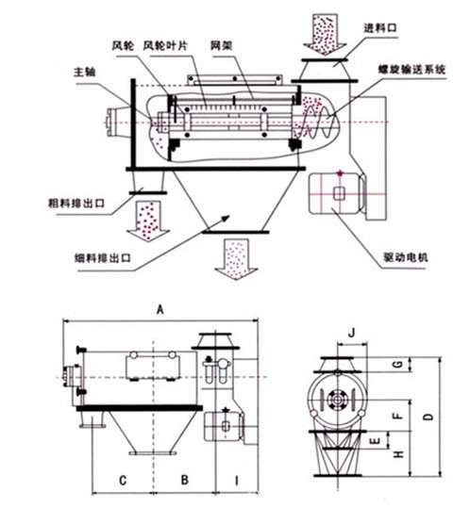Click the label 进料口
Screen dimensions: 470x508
[x=380, y=28]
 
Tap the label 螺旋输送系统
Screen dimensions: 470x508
[x=411, y=70]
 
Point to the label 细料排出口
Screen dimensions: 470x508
[x=103, y=258]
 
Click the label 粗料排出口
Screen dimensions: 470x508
[x=76, y=204]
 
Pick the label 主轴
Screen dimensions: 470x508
[x=85, y=72]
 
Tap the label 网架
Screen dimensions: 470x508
[x=222, y=45]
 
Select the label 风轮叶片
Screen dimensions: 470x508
[x=165, y=45]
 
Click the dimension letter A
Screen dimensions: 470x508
[x=159, y=310]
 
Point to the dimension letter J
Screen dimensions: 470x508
[x=352, y=333]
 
